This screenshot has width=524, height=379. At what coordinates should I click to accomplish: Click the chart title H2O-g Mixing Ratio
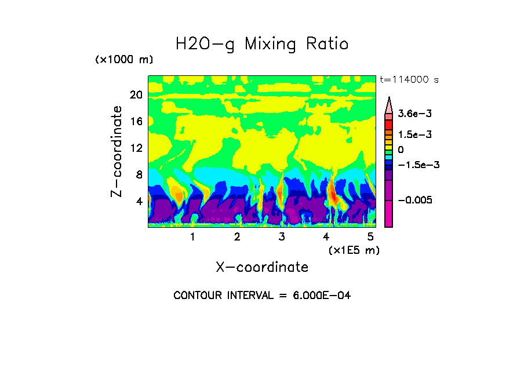pos(262,44)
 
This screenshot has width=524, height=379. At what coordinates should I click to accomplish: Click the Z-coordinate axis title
pos(117,151)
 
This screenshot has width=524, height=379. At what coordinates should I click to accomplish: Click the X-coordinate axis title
pos(262,267)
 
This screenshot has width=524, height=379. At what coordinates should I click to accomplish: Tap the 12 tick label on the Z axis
pos(136,148)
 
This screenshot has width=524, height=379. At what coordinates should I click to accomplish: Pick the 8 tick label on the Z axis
pos(139,174)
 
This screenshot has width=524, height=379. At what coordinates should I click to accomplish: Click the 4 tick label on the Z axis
pos(139,201)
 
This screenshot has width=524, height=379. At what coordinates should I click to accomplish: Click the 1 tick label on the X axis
pos(192,237)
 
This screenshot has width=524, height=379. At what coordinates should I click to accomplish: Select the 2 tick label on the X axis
pos(237,237)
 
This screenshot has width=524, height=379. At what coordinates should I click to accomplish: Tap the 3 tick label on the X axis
pos(282,237)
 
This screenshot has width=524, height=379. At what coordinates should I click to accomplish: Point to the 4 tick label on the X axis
pos(326,237)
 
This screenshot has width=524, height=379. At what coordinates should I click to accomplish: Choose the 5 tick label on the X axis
pos(370,237)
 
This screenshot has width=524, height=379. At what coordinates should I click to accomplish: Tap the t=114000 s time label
pos(409,79)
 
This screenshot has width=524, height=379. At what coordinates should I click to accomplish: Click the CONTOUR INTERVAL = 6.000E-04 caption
pos(262,296)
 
